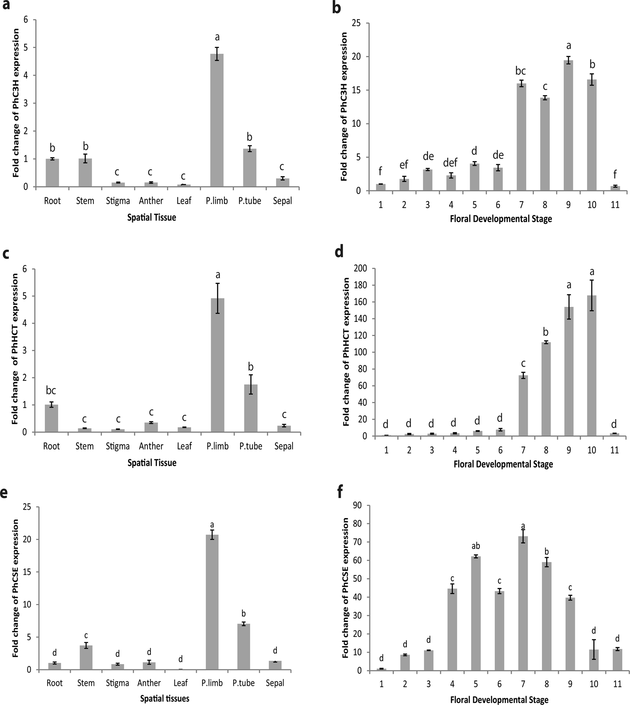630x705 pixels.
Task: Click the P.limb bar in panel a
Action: pyautogui.click(x=217, y=121)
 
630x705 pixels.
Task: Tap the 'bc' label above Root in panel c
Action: pyautogui.click(x=51, y=391)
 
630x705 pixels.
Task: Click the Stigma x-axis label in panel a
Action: pyautogui.click(x=118, y=201)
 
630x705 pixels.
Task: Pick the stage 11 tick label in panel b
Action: pyautogui.click(x=615, y=205)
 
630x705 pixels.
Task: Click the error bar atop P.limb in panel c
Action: pyautogui.click(x=218, y=298)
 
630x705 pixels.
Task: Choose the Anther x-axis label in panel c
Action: pyautogui.click(x=151, y=446)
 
